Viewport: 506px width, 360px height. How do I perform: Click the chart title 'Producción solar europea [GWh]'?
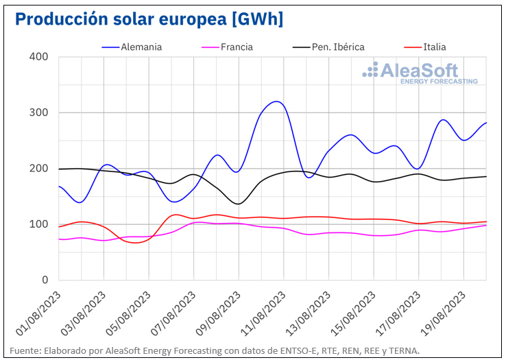(x=149, y=19)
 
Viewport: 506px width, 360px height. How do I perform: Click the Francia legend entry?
(x=234, y=47)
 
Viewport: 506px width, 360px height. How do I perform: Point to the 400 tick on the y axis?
(x=39, y=56)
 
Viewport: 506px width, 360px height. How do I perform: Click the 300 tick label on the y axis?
(x=39, y=112)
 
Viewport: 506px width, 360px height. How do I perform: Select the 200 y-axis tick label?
(x=39, y=169)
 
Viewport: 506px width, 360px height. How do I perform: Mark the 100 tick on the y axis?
(x=39, y=224)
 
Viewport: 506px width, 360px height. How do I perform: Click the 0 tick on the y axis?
(x=44, y=280)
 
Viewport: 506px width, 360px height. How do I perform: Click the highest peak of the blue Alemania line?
(x=276, y=101)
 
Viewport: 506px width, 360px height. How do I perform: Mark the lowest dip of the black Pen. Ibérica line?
(x=239, y=204)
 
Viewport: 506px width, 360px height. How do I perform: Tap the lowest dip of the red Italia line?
(x=134, y=243)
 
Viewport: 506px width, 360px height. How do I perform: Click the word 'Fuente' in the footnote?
(x=26, y=350)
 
